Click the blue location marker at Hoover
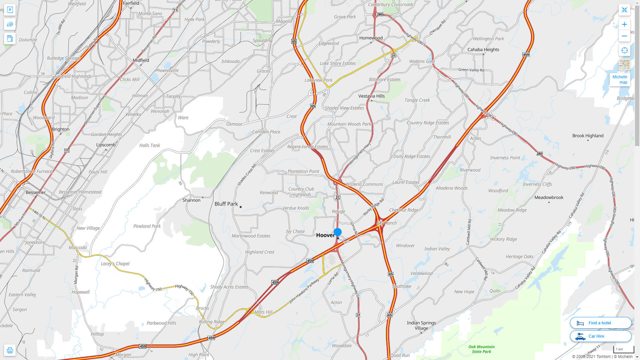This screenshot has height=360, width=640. click(337, 232)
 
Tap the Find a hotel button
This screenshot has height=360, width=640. click(600, 323)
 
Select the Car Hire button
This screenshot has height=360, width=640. click(600, 336)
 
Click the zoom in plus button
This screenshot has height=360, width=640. click(624, 24)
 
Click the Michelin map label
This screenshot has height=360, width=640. click(620, 79)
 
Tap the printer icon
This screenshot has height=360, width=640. click(10, 350)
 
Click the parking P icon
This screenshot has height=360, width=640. click(10, 10)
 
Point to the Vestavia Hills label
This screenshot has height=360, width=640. click(371, 96)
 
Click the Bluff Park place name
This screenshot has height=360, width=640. click(226, 204)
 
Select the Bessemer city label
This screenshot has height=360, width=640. click(36, 192)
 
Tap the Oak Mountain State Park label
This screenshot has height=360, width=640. click(481, 349)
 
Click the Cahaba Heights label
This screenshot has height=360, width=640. click(483, 50)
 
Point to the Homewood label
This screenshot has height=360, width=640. click(371, 38)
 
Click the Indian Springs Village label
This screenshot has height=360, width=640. click(421, 325)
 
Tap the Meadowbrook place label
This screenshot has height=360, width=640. click(549, 197)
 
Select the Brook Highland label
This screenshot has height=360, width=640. click(588, 136)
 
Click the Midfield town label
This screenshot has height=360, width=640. click(141, 60)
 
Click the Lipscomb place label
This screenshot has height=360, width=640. click(106, 145)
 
